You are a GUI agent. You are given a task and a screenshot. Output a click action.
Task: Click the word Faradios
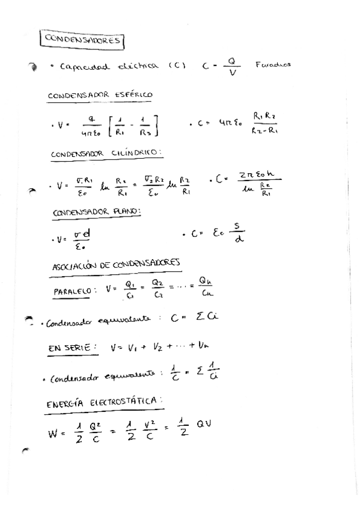(273, 65)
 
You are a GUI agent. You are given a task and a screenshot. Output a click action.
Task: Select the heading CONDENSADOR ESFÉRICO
(100, 95)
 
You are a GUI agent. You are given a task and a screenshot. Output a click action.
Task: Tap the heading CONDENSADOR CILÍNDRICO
(106, 153)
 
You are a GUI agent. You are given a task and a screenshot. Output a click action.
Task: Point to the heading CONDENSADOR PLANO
(97, 212)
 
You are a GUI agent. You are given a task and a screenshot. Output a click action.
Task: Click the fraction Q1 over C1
(129, 289)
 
